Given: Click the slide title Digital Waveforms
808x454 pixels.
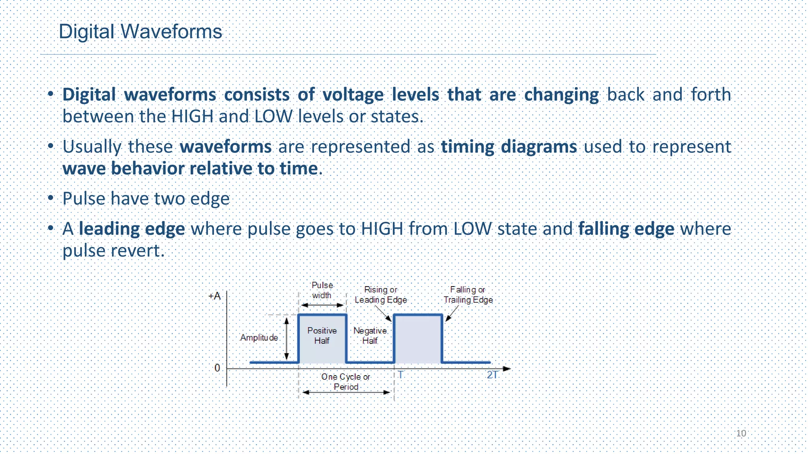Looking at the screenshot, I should (x=140, y=32).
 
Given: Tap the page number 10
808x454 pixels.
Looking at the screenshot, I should (x=741, y=434).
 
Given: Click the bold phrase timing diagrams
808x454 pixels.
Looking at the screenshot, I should (x=509, y=147).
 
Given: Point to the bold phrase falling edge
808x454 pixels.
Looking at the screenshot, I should (x=626, y=229).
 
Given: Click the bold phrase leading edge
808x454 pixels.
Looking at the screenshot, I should (x=132, y=229).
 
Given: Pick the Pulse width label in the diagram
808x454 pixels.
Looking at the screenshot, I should (x=322, y=290).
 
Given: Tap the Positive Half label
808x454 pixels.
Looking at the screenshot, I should (x=322, y=335).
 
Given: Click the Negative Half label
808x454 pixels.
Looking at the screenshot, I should (x=370, y=335).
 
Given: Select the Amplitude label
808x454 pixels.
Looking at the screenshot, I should (x=259, y=338).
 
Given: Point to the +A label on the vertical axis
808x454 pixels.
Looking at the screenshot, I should (x=214, y=296).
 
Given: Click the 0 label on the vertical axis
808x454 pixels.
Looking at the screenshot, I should (x=217, y=368).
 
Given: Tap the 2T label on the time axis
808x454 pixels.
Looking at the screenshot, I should (x=492, y=375).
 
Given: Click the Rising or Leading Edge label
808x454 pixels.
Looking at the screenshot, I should (x=381, y=295).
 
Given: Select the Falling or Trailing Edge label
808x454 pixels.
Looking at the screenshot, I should (x=468, y=295).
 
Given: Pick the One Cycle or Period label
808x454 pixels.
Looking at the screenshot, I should (x=346, y=382).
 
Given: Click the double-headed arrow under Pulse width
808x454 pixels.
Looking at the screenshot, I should (x=322, y=305).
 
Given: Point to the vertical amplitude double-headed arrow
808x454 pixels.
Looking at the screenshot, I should (x=287, y=339).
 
